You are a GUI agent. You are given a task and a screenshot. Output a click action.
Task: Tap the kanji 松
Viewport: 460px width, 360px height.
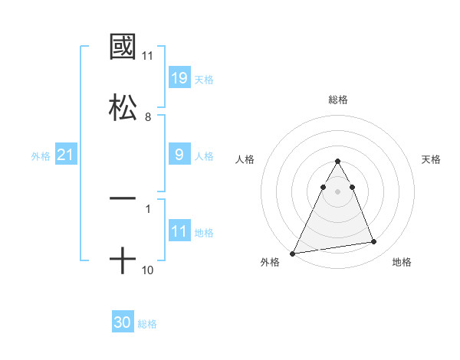coord(123,106)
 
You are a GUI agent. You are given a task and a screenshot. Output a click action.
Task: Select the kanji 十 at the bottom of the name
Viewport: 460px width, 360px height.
coord(123,261)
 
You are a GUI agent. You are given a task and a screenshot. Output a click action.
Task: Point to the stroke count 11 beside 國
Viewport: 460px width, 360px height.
coord(148,56)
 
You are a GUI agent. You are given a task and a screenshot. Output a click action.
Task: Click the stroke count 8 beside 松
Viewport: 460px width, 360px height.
coord(148,116)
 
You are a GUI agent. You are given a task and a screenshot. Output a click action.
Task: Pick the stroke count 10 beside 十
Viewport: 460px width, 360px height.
coord(148,270)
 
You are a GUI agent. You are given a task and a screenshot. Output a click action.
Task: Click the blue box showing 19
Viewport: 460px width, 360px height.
coord(179,78)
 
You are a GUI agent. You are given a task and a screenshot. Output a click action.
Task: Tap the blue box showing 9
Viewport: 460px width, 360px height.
coord(179,155)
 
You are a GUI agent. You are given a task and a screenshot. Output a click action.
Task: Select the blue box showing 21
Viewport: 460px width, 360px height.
coord(66,155)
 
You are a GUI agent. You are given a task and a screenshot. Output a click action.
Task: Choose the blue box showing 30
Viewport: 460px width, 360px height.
coord(123,322)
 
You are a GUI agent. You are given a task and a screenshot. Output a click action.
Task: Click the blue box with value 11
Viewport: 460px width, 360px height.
coord(179,231)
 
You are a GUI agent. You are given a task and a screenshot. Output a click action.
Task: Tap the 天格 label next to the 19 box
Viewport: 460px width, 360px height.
coord(204,80)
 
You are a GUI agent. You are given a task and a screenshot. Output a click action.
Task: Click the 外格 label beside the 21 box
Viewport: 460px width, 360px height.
coord(41,156)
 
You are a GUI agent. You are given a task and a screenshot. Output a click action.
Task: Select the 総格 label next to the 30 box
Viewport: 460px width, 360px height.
coord(147,324)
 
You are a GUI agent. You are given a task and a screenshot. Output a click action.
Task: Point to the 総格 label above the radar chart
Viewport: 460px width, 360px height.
coord(338,100)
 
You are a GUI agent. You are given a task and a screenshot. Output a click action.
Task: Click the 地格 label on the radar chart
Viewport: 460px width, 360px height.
coord(402,262)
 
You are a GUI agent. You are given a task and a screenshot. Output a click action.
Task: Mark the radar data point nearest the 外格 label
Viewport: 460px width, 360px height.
coord(293,254)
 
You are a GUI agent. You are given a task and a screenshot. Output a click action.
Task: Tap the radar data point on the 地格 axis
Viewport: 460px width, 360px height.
coord(374,242)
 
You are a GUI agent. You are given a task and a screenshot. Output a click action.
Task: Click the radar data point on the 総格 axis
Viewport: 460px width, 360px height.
coord(338,162)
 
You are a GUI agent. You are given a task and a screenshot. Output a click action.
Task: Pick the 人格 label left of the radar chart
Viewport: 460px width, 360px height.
coord(245,159)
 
